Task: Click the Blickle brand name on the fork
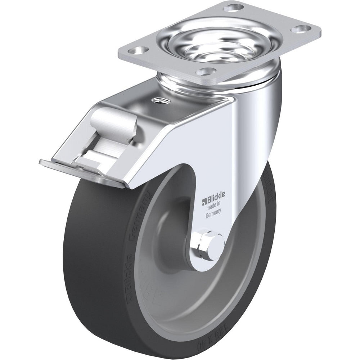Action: pyautogui.click(x=215, y=200)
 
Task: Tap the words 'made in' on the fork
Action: pyautogui.click(x=213, y=207)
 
